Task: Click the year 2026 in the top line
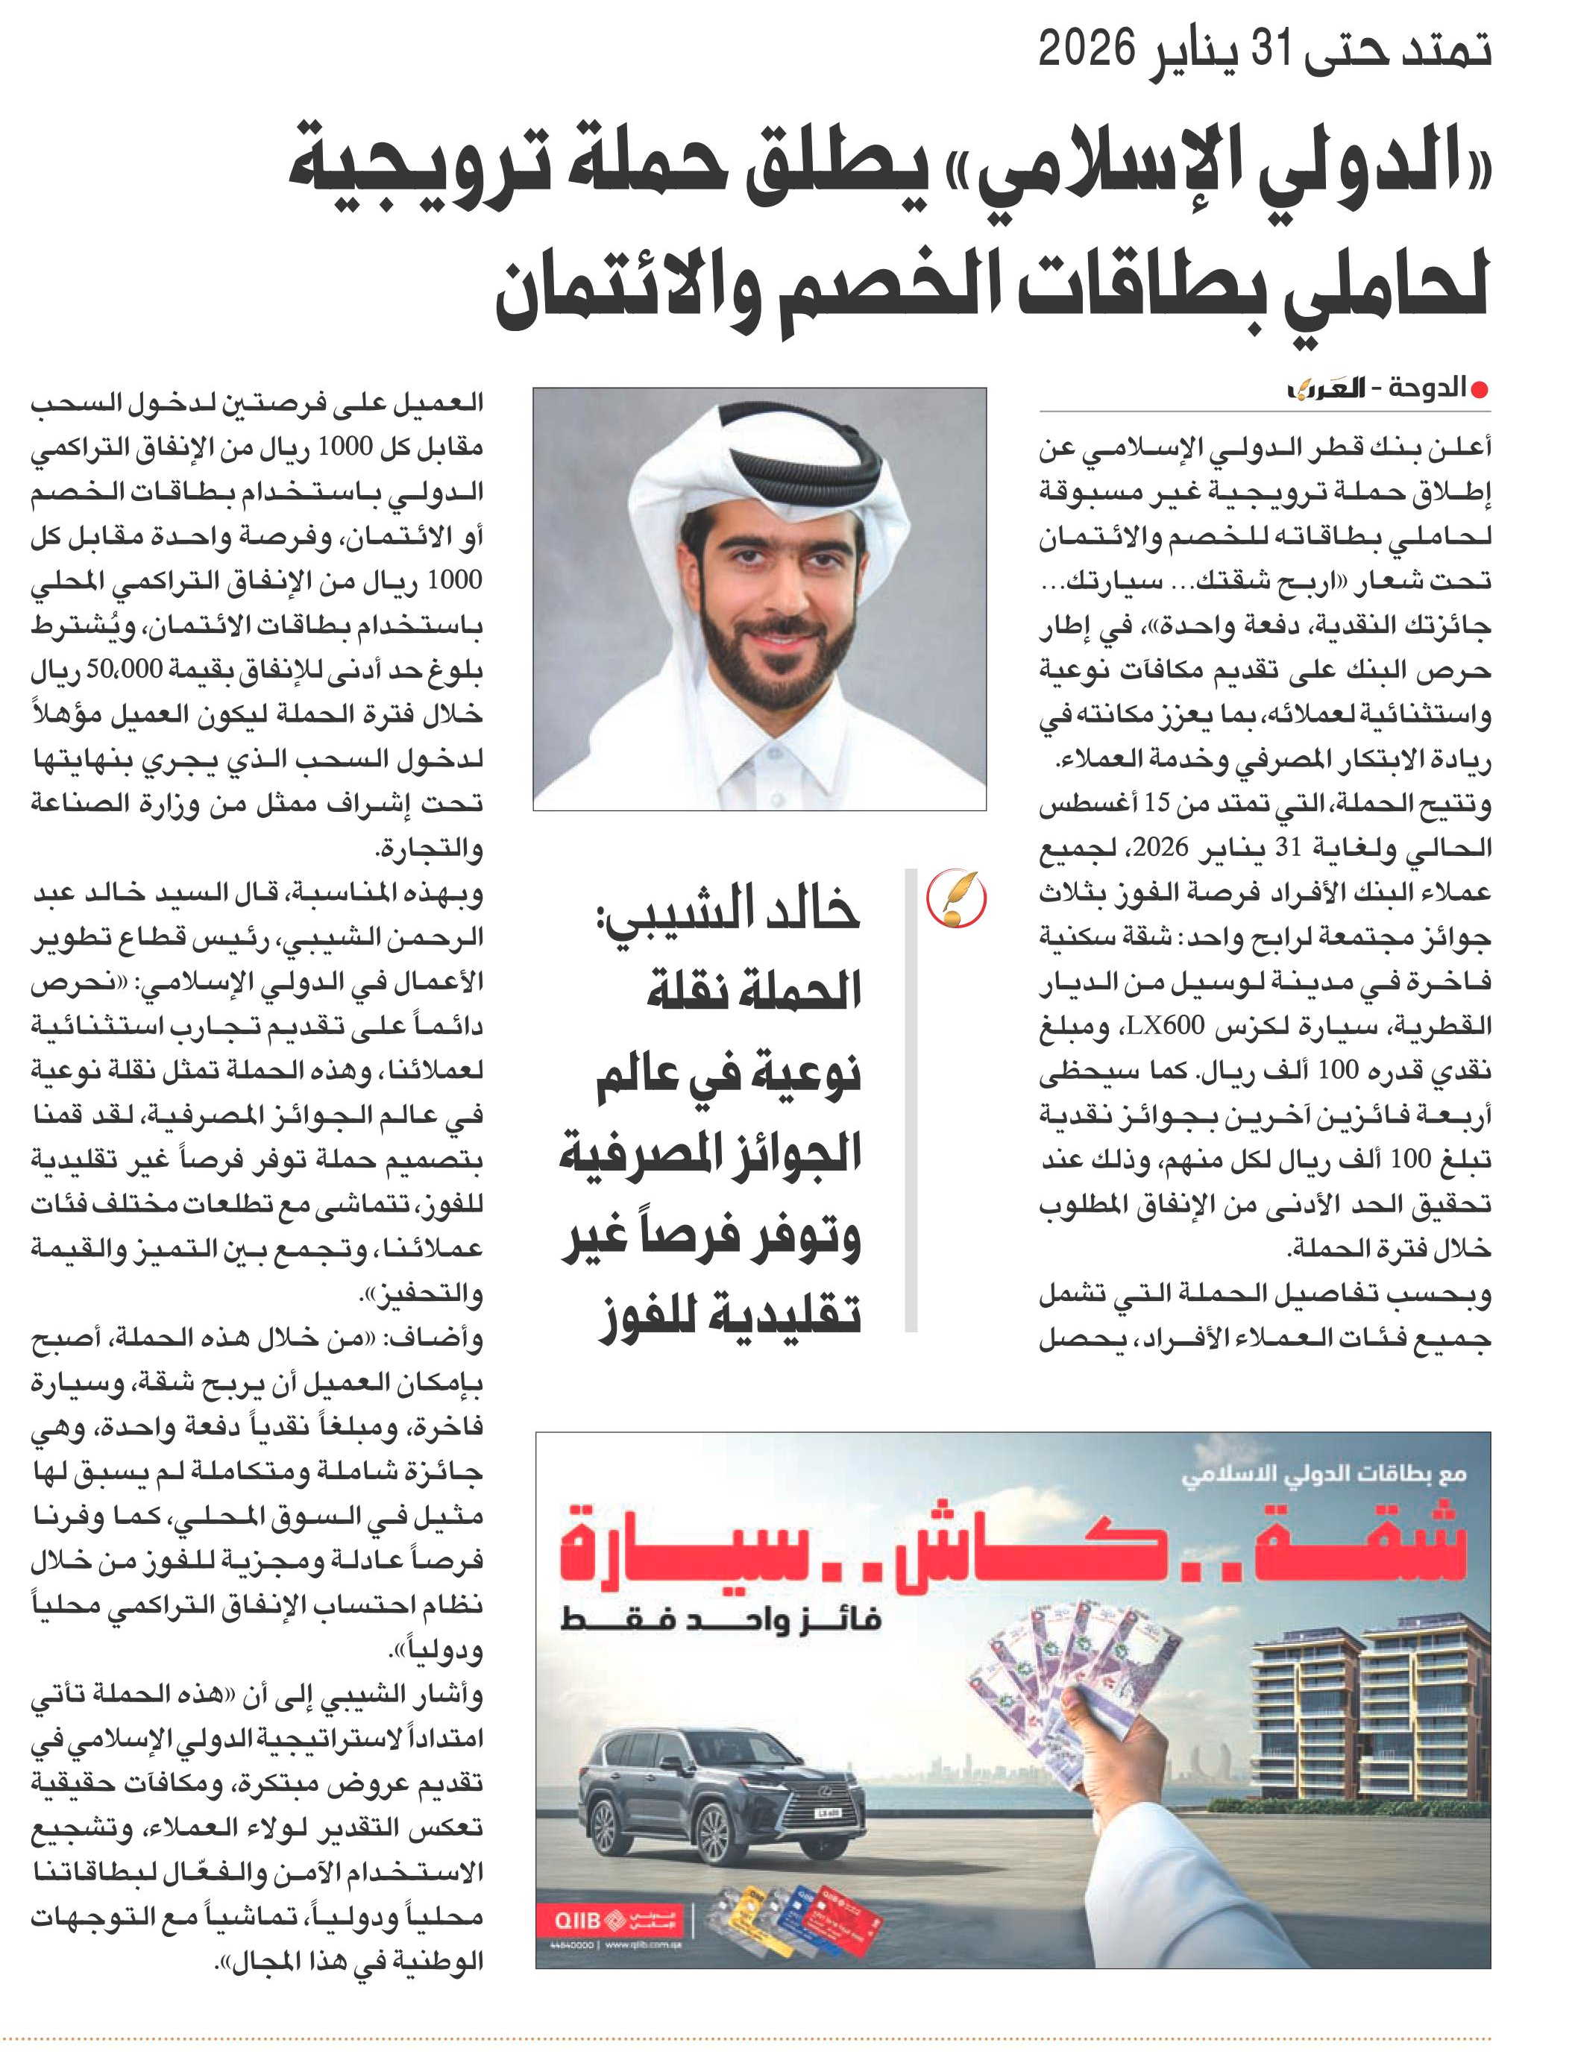click(x=1087, y=48)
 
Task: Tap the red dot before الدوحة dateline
click(x=1480, y=391)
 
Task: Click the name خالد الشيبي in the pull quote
click(x=729, y=909)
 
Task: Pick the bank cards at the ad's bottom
click(x=797, y=1918)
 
